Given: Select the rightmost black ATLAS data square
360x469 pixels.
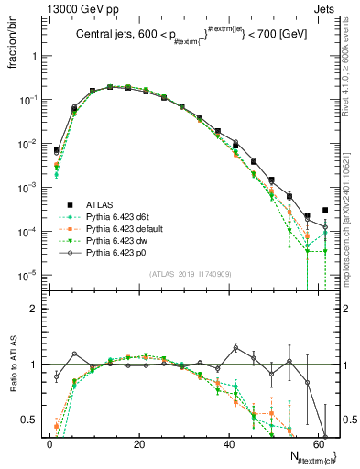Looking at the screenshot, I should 325,210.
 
